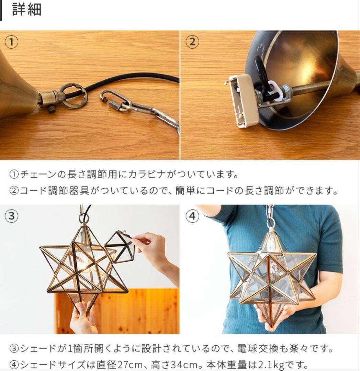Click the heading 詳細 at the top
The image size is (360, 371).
[x=26, y=10]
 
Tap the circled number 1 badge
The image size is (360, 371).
[x=11, y=42]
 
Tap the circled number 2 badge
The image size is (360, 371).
[x=192, y=42]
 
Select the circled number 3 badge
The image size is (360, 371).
[x=11, y=216]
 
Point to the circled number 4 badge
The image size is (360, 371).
[x=192, y=216]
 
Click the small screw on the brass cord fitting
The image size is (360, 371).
[x=52, y=109]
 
